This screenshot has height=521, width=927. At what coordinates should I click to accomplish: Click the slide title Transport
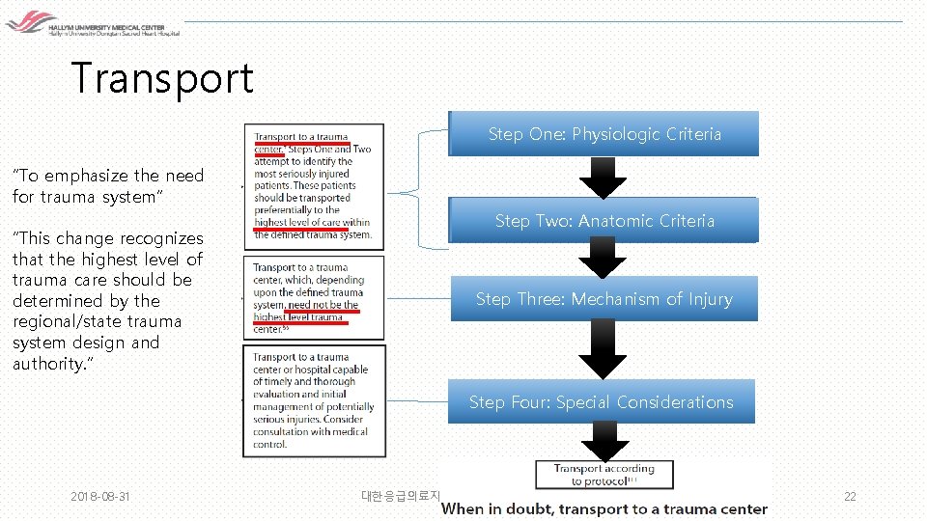[x=162, y=78]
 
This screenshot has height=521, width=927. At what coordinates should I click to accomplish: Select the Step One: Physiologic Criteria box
[x=604, y=134]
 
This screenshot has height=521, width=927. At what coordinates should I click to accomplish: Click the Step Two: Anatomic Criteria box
[x=604, y=221]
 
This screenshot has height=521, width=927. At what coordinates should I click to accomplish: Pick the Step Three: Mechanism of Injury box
[x=604, y=299]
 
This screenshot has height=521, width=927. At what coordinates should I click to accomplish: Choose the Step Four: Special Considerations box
[x=601, y=402]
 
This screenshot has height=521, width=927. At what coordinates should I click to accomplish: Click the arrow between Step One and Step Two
[x=603, y=178]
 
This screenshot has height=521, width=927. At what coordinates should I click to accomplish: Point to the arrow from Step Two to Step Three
[x=603, y=258]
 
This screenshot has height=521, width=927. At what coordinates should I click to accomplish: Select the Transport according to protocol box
[x=604, y=475]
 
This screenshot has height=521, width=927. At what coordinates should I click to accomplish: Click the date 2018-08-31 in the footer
[x=100, y=497]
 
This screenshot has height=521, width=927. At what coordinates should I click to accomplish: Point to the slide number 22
[x=850, y=497]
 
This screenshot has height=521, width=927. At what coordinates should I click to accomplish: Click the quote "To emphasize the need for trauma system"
[x=108, y=185]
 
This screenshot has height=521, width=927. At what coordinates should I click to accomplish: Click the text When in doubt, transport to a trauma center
[x=604, y=508]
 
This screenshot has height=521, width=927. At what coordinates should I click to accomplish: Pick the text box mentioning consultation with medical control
[x=313, y=400]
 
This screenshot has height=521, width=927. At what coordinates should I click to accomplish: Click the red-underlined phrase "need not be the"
[x=323, y=305]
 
